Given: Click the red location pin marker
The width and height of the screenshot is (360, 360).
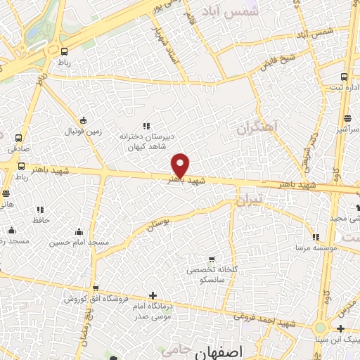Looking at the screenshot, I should pyautogui.click(x=181, y=165).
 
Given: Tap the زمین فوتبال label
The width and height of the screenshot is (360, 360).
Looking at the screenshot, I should pyautogui.click(x=84, y=131).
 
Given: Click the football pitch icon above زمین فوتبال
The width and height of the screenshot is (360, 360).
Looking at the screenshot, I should pyautogui.click(x=84, y=120).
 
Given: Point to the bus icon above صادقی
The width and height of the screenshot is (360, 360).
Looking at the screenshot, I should pyautogui.click(x=18, y=138).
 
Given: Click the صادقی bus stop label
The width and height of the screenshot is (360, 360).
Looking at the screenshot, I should pyautogui.click(x=17, y=149).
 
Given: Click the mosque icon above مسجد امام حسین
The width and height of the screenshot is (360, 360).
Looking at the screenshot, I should pyautogui.click(x=79, y=231).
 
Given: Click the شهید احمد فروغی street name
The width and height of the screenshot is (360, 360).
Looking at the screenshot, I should pyautogui.click(x=268, y=318).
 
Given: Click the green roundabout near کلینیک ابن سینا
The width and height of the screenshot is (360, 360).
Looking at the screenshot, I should pyautogui.click(x=321, y=327).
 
